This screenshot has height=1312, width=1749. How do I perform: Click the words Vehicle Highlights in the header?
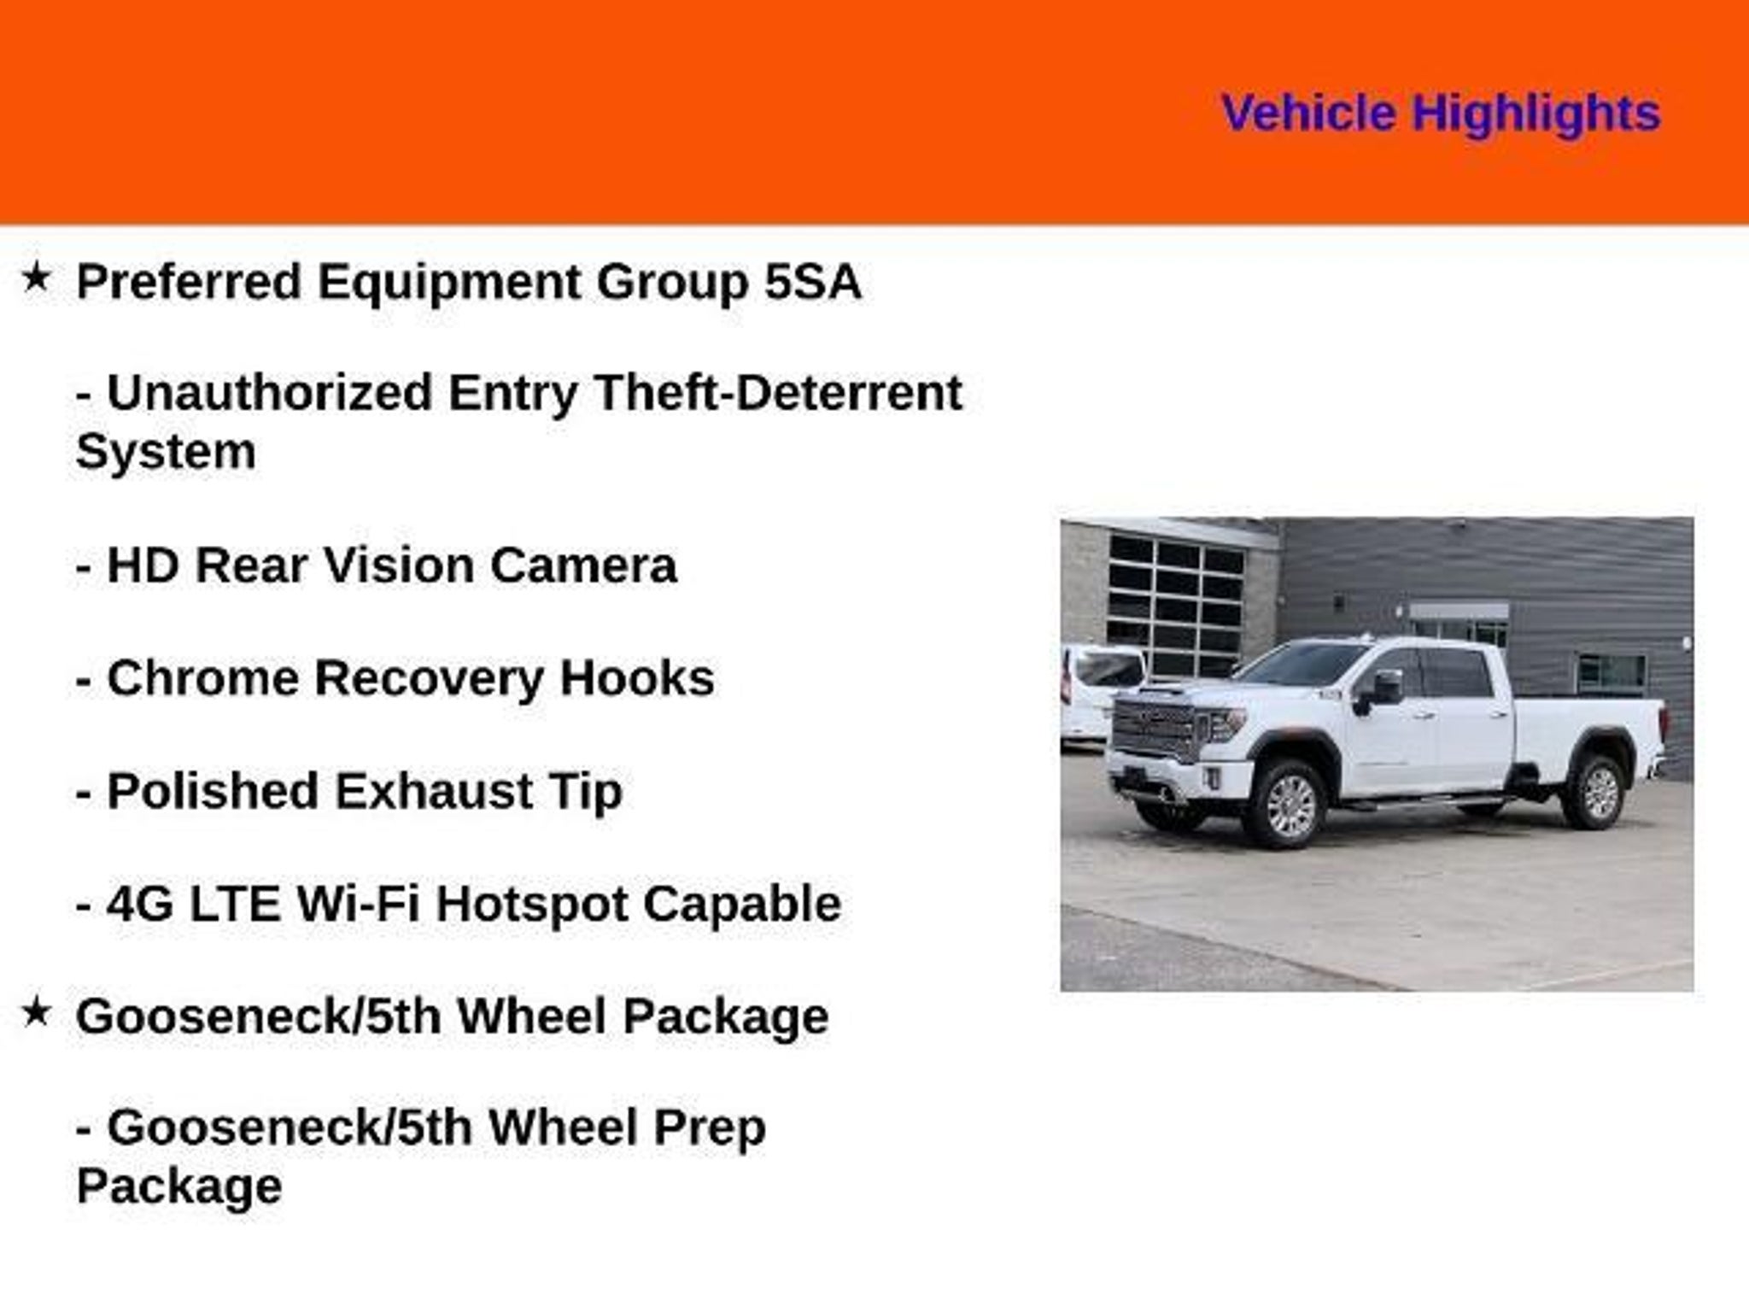click(x=1441, y=114)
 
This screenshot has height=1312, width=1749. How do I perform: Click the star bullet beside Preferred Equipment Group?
click(x=36, y=277)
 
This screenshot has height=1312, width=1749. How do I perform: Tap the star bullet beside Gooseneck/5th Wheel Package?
click(x=36, y=1012)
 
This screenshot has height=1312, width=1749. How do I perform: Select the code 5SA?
click(x=812, y=282)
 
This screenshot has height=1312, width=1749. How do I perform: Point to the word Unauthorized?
click(x=269, y=393)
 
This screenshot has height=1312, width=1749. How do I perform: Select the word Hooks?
click(x=637, y=678)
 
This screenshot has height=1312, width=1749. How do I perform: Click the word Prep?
click(x=710, y=1127)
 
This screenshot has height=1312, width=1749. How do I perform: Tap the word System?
click(x=166, y=453)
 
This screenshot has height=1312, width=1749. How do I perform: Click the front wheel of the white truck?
click(x=1284, y=803)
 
